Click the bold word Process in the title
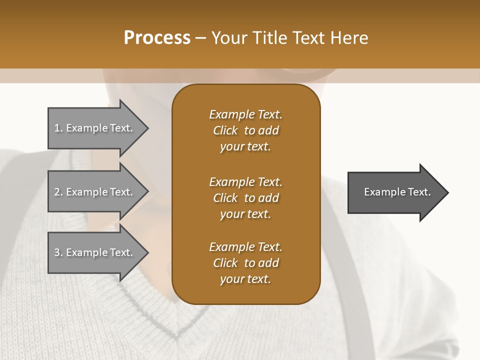(x=157, y=38)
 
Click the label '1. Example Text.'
(x=93, y=128)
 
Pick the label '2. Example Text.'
(x=93, y=192)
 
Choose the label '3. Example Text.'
(x=93, y=252)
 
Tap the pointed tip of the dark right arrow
(x=448, y=192)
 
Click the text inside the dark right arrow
(x=397, y=192)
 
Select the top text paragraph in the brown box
(x=245, y=130)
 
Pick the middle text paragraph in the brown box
(x=245, y=197)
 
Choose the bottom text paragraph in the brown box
(x=245, y=263)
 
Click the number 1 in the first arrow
(x=57, y=128)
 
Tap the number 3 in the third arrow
(x=57, y=252)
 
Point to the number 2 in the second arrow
(x=57, y=192)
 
